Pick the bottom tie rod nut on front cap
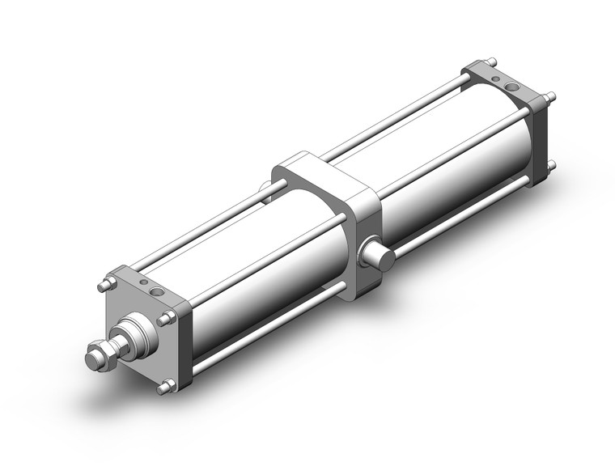tap(164, 388)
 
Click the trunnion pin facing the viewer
tap(379, 258)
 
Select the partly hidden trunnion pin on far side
tap(265, 191)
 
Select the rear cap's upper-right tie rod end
tap(552, 98)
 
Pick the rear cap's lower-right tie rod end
tap(551, 166)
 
